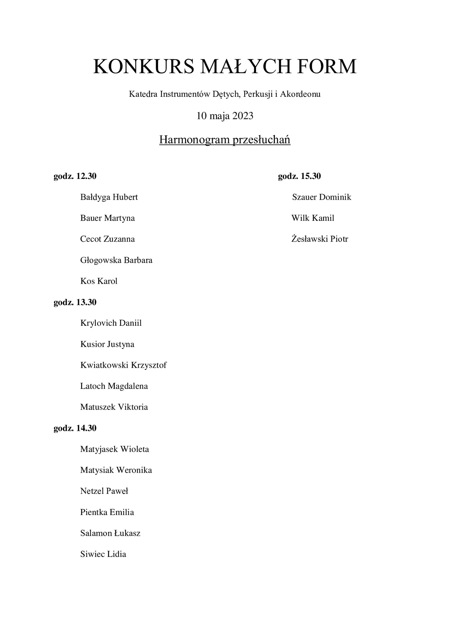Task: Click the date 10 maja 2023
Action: point(225,116)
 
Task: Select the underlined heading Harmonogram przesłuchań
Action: point(225,140)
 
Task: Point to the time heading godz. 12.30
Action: point(75,176)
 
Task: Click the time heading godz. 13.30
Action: point(75,302)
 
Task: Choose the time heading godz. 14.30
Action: point(75,428)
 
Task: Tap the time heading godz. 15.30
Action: point(299,176)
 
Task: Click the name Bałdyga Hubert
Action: point(109,197)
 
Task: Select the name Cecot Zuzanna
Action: point(107,239)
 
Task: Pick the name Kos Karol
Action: point(99,281)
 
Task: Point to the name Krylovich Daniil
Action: point(111,323)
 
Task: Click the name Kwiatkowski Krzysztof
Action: point(123,365)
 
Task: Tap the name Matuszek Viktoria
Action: point(114,407)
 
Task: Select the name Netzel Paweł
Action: point(104,491)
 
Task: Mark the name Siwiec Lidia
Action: point(103,554)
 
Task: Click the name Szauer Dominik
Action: point(321,197)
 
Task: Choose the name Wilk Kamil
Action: point(313,218)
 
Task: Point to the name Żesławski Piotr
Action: point(319,239)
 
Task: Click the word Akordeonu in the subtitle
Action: point(300,94)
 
